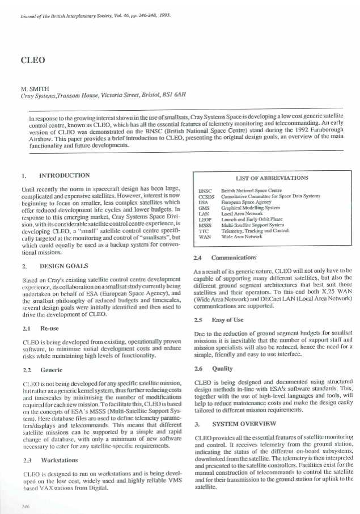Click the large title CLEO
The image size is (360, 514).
tap(29, 60)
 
